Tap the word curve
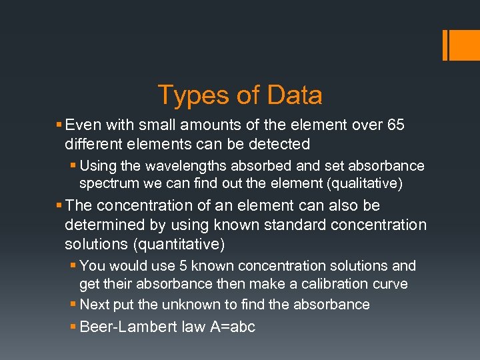(391, 284)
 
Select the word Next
(94, 305)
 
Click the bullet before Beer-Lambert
(73, 328)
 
